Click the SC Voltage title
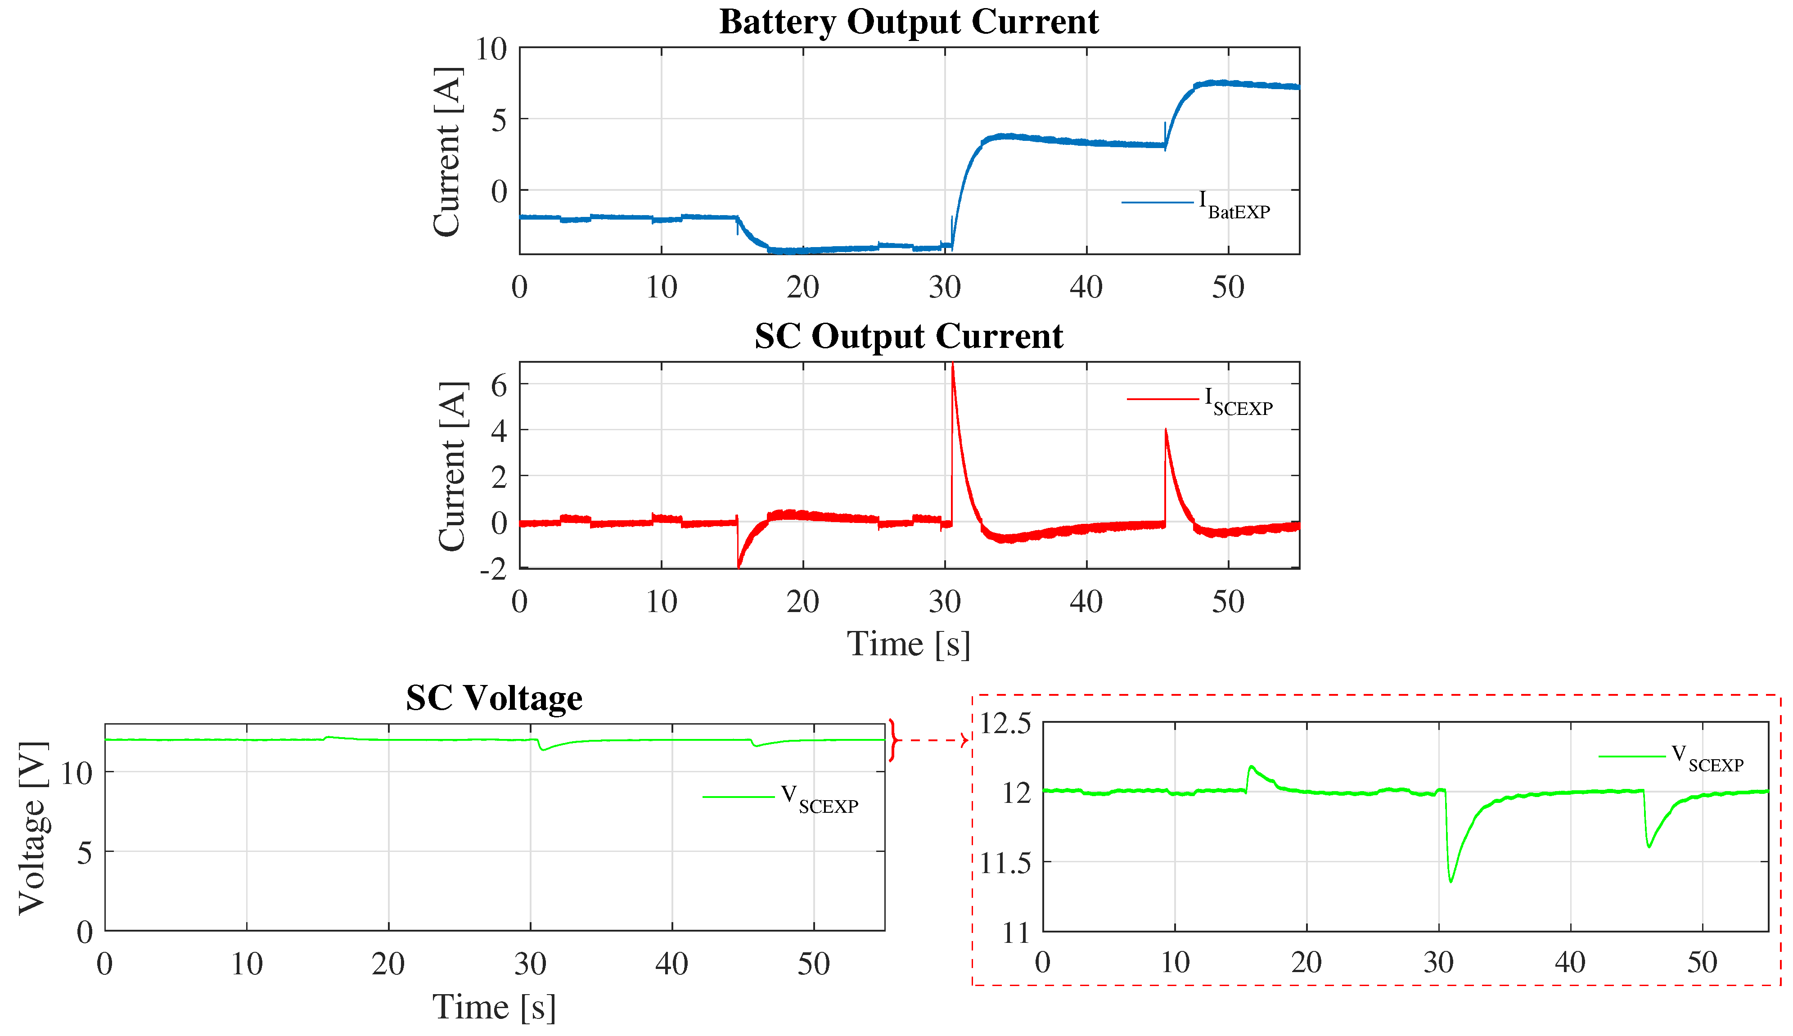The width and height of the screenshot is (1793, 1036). [494, 698]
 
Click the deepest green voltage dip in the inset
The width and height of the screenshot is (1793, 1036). [1451, 882]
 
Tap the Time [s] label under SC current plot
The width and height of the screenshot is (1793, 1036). [909, 644]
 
